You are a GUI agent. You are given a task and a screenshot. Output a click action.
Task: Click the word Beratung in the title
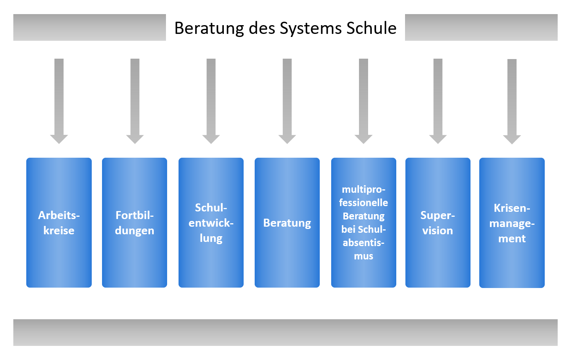coord(209,28)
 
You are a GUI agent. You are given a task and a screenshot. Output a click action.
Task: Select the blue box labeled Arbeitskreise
coord(59,222)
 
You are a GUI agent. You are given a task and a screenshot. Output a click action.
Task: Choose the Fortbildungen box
coord(134,222)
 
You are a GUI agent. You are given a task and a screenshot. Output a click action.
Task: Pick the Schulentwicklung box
coord(211,222)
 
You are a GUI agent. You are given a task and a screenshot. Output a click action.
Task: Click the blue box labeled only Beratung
coord(287,222)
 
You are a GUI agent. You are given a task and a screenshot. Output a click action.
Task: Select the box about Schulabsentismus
coord(364,222)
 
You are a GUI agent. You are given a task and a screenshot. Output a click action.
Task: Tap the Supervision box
coord(438,222)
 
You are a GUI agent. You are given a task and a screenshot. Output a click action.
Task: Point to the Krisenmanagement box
coord(512,222)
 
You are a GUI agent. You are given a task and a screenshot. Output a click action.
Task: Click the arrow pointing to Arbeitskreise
coord(59,99)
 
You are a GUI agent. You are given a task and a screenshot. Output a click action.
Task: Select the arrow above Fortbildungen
coord(135,99)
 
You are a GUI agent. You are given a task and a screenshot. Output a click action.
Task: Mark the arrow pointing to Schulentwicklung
coord(211,99)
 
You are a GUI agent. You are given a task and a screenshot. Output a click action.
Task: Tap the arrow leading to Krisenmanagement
coord(512,99)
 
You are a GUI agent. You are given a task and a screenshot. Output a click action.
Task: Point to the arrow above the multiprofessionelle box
coord(364,99)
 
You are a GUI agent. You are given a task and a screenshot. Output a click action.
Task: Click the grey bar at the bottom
coord(285,332)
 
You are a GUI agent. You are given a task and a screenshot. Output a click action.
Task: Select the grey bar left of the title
coord(89,27)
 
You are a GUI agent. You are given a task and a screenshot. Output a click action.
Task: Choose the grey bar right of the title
coord(481,27)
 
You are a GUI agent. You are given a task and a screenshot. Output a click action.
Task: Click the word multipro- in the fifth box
coord(364,189)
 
